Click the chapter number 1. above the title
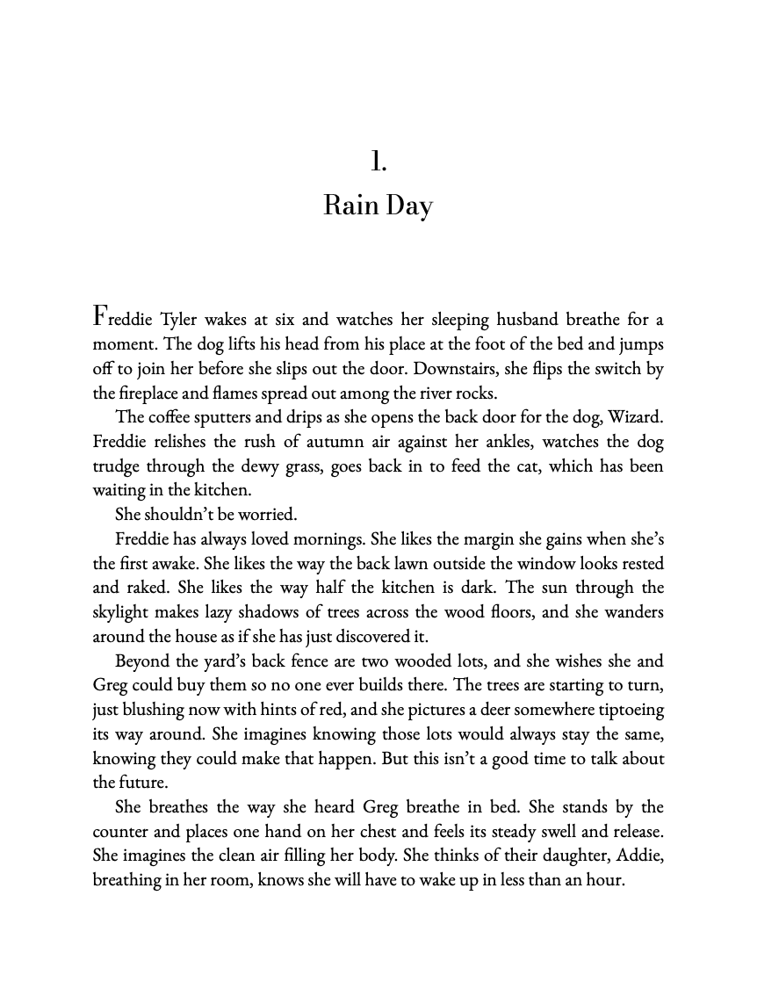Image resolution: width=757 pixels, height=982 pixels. [378, 162]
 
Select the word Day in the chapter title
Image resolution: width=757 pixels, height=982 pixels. [408, 207]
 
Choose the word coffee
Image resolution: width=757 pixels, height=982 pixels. [177, 417]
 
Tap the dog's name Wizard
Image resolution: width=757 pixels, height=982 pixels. [630, 417]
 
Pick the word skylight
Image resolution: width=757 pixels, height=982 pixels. [126, 612]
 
